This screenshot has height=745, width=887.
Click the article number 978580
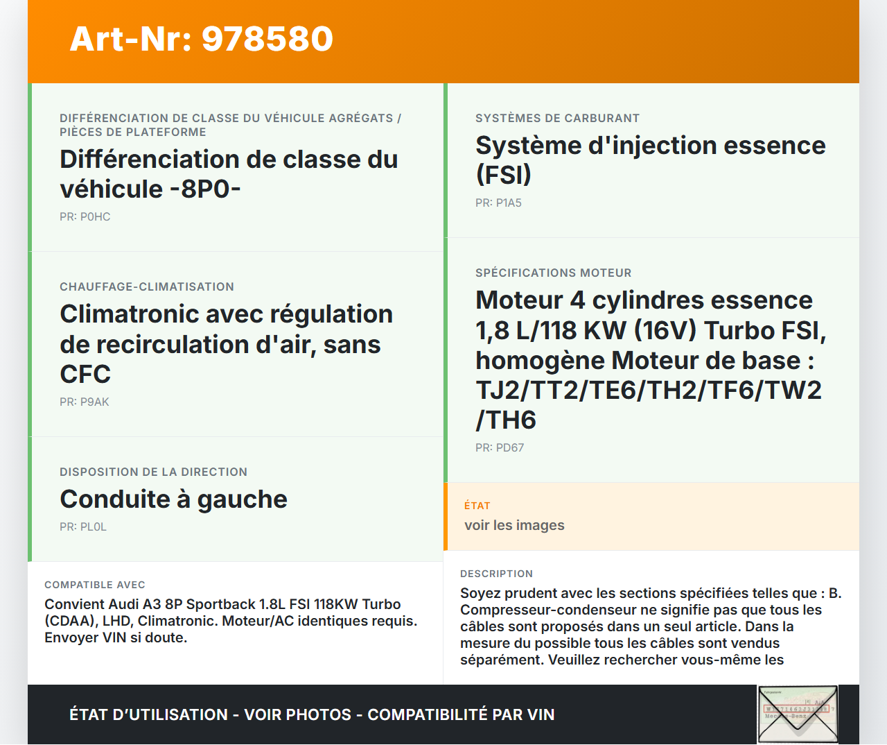pyautogui.click(x=267, y=39)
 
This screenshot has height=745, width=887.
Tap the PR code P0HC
pyautogui.click(x=95, y=217)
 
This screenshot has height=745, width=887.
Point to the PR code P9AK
pyautogui.click(x=94, y=402)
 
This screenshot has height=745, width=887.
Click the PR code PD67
pyautogui.click(x=510, y=448)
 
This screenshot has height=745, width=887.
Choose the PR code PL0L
pyautogui.click(x=93, y=527)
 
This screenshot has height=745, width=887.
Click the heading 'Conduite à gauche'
pyautogui.click(x=173, y=499)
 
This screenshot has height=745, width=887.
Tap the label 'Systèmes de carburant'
pyautogui.click(x=557, y=118)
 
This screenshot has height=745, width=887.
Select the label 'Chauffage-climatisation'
pyautogui.click(x=146, y=286)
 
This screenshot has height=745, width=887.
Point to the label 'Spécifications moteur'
pyautogui.click(x=553, y=273)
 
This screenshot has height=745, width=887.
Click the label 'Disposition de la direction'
pyautogui.click(x=153, y=472)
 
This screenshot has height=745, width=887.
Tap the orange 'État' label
pyautogui.click(x=477, y=506)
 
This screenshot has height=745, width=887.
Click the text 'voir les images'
pyautogui.click(x=514, y=525)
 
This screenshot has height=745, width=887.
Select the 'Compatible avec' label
pyautogui.click(x=95, y=585)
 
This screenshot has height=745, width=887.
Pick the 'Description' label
pyautogui.click(x=496, y=574)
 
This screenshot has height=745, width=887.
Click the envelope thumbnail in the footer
pyautogui.click(x=798, y=714)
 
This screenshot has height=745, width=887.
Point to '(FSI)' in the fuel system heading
pyautogui.click(x=503, y=175)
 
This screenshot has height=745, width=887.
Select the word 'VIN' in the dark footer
pyautogui.click(x=541, y=714)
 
